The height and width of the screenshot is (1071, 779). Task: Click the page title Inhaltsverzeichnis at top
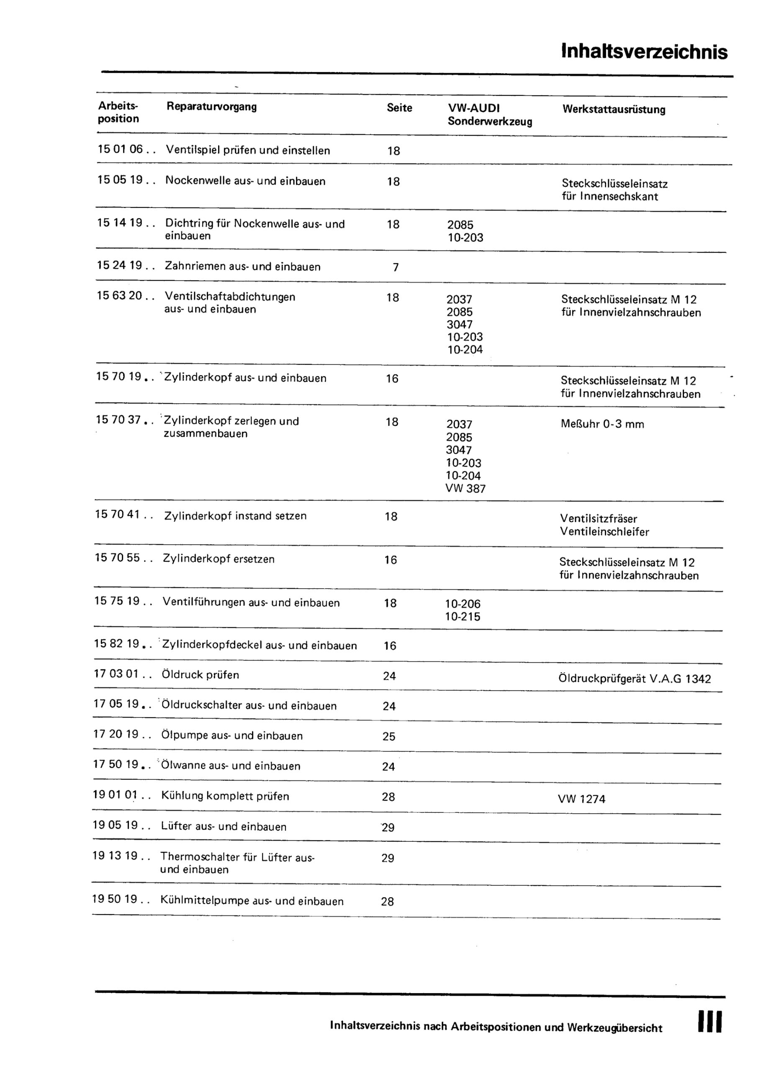click(x=644, y=51)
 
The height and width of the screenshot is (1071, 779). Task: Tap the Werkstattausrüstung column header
click(x=614, y=110)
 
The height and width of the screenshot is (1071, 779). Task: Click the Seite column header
click(x=399, y=108)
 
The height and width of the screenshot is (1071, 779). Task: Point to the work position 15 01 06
click(x=120, y=149)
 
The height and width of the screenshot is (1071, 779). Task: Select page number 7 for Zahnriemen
click(x=396, y=268)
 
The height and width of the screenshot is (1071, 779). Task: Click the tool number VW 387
click(x=465, y=489)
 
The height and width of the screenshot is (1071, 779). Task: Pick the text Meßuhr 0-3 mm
click(x=602, y=424)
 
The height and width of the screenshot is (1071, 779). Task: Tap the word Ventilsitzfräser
click(x=599, y=518)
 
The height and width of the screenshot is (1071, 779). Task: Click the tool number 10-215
click(x=462, y=617)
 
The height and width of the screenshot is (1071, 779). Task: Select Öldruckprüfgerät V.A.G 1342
click(x=634, y=679)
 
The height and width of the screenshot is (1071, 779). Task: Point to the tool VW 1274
click(x=581, y=799)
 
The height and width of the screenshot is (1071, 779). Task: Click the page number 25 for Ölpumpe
click(x=389, y=737)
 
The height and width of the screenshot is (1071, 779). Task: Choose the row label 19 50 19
click(x=114, y=899)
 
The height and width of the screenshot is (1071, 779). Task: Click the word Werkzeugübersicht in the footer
click(x=614, y=1028)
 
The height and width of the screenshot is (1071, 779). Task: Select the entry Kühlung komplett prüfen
click(x=225, y=796)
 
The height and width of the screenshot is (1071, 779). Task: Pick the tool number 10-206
click(x=463, y=604)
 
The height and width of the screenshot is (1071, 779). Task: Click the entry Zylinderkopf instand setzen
click(x=235, y=516)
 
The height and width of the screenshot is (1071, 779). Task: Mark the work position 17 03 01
click(x=116, y=674)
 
